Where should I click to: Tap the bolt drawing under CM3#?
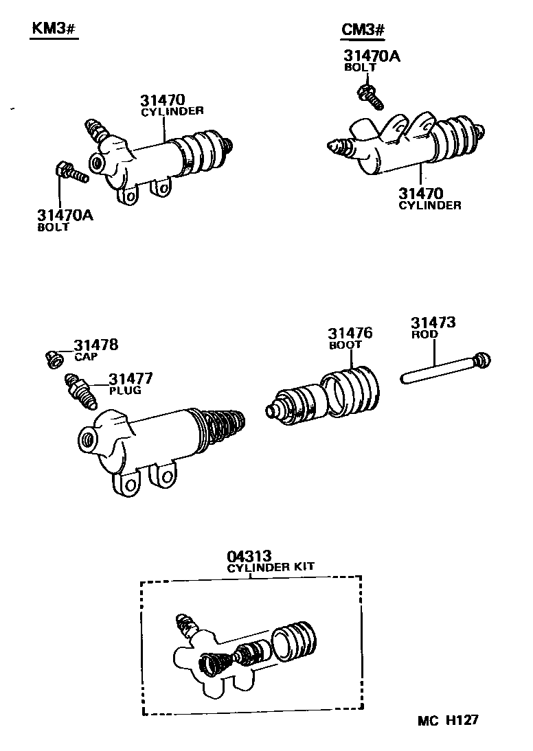pos(370,95)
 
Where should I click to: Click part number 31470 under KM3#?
pos(163,100)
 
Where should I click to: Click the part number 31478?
pos(96,345)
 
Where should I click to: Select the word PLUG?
pos(124,391)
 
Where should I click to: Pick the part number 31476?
pos(350,334)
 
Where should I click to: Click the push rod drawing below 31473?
pos(446,368)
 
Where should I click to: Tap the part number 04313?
pos(250,556)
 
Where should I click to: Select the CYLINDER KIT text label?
pos(271,567)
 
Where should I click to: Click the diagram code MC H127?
pos(447,720)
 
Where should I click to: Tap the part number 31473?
pos(433,323)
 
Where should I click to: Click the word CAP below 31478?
pos(86,357)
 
